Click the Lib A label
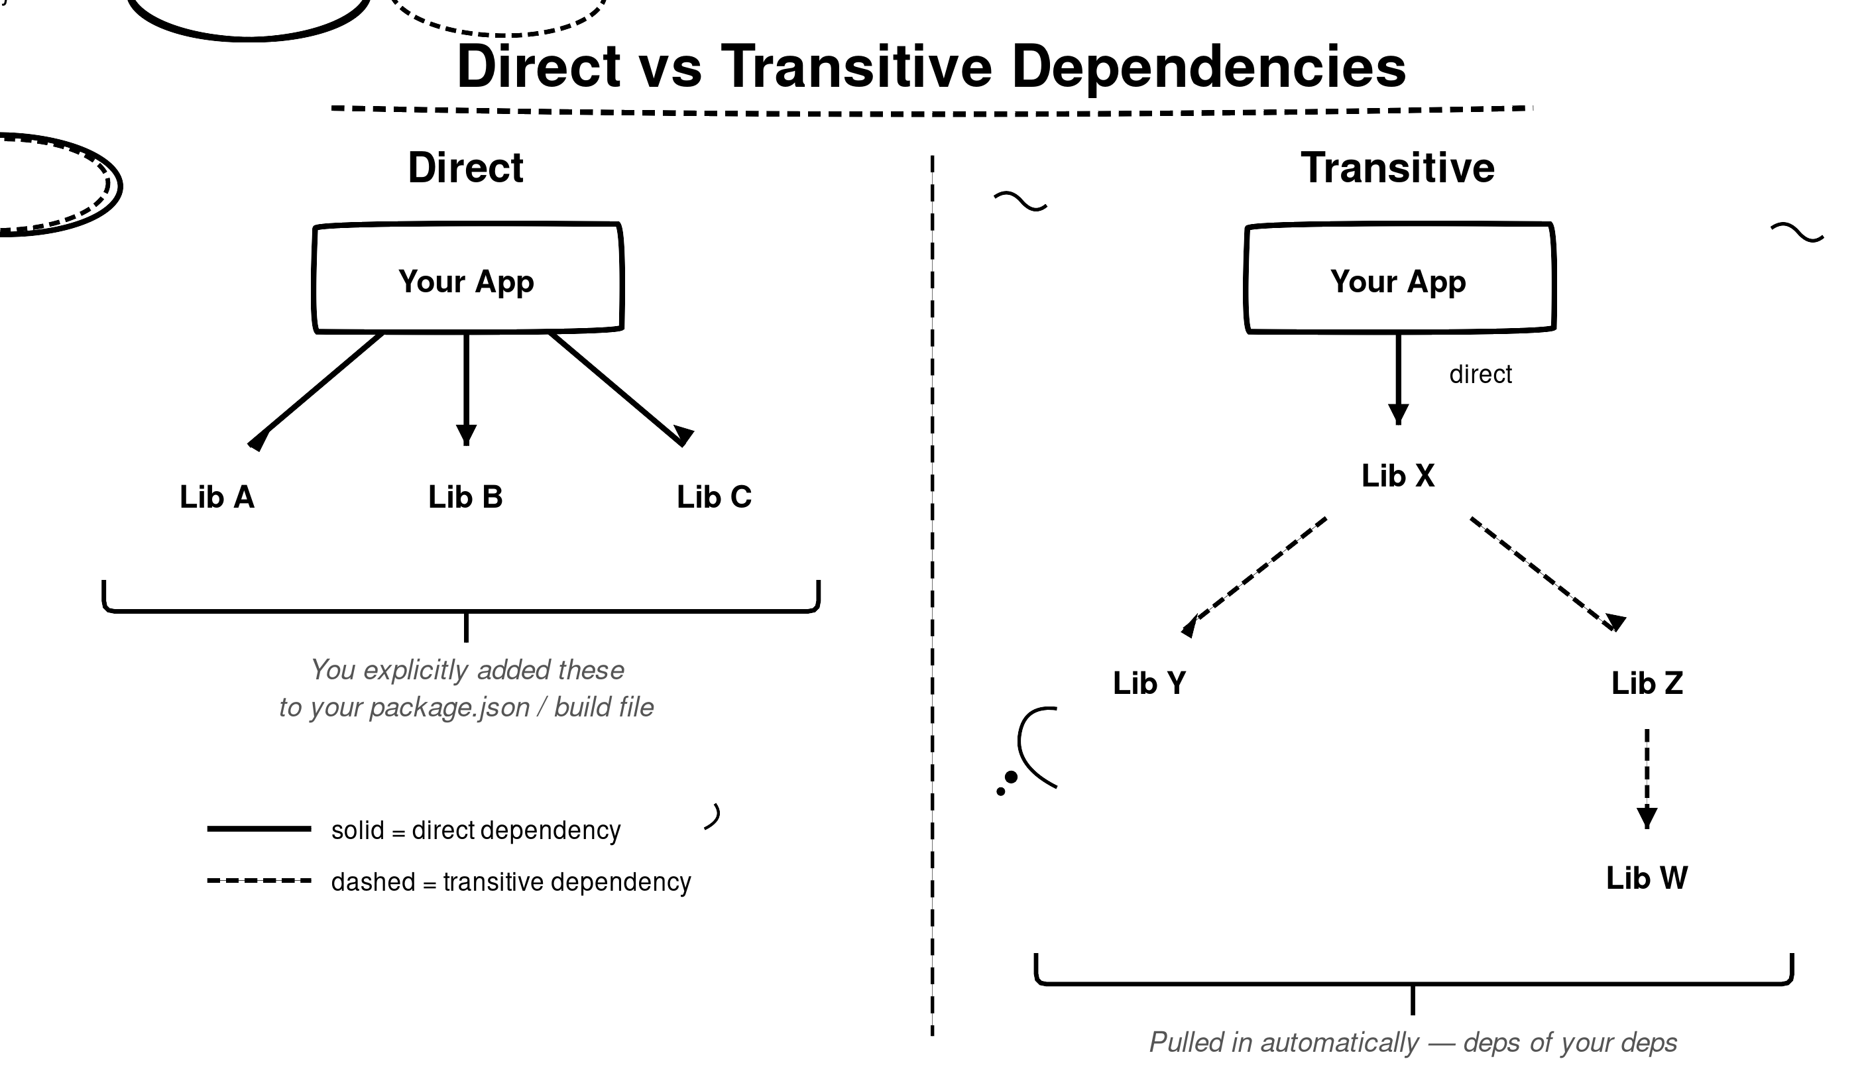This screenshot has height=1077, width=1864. [217, 497]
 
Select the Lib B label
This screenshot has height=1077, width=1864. [465, 497]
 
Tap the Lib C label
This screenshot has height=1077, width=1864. [714, 497]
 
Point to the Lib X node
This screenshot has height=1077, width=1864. [1397, 476]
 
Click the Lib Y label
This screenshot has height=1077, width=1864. [1149, 683]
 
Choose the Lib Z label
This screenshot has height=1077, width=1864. [1647, 683]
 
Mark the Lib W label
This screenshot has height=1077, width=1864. [1647, 878]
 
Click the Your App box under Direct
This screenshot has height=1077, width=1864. [467, 278]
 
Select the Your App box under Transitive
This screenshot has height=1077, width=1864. [1399, 278]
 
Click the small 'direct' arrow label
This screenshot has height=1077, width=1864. [1480, 374]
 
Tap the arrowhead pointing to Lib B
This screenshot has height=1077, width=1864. [466, 435]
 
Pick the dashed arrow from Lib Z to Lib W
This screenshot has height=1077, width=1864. [1647, 779]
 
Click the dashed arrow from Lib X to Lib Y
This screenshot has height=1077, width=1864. [1253, 577]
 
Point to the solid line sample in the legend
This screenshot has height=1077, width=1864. [259, 828]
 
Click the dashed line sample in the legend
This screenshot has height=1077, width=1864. [259, 880]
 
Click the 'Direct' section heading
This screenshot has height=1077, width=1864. [465, 168]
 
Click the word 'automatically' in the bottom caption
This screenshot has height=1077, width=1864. [1340, 1043]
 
